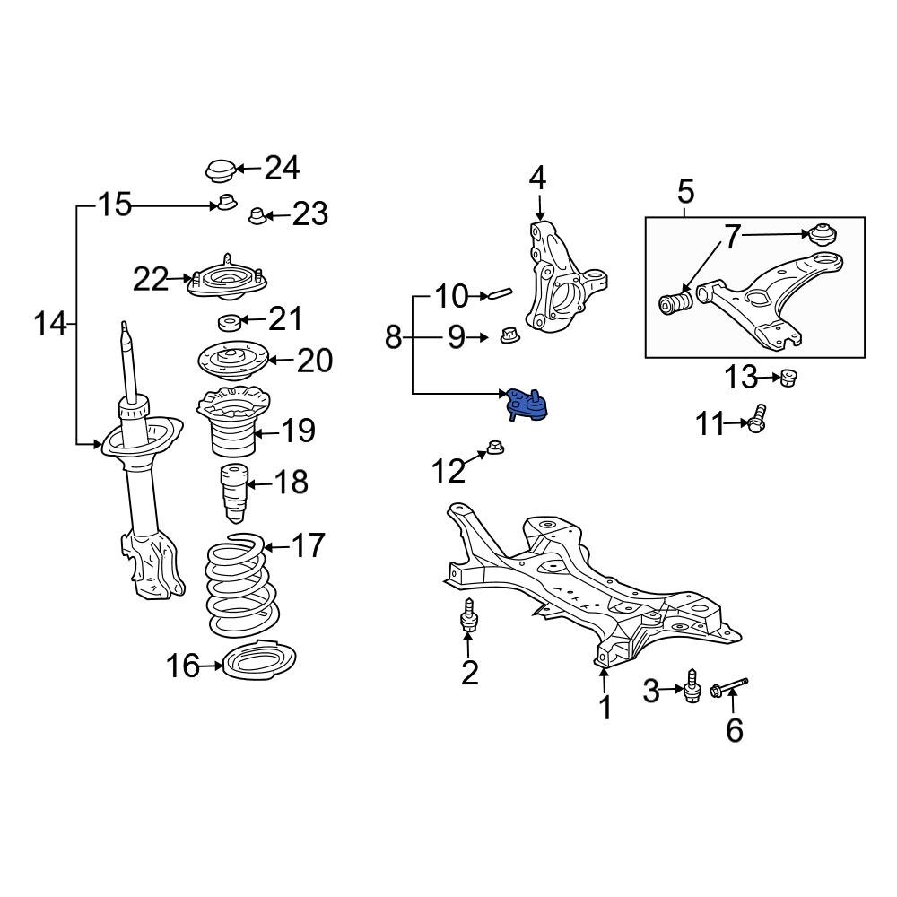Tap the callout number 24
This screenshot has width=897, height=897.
tap(281, 168)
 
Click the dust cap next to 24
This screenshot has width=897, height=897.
tap(220, 170)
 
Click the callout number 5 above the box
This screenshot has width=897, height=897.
tap(685, 191)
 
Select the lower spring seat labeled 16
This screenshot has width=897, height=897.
tap(258, 666)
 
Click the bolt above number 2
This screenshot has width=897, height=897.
tap(468, 618)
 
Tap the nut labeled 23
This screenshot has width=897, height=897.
tap(256, 215)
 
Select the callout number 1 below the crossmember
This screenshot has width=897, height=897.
tap(605, 708)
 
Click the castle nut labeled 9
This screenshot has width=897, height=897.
tap(508, 336)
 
